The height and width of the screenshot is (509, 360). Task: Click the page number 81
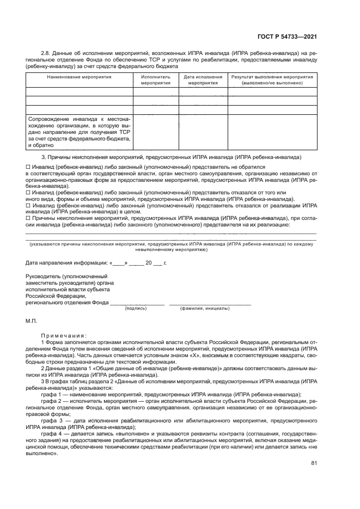(x=314, y=463)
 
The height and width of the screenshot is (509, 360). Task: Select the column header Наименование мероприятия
(x=79, y=77)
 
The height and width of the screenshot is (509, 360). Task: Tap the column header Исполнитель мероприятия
(x=155, y=81)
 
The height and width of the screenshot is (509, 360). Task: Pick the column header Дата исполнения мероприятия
(x=203, y=81)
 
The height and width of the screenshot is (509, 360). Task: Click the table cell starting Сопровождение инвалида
(x=79, y=131)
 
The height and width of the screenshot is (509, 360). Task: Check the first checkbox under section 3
(x=29, y=167)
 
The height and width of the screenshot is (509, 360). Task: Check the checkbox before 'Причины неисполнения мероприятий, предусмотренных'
(x=29, y=218)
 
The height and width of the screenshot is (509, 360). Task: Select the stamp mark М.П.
(x=31, y=321)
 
